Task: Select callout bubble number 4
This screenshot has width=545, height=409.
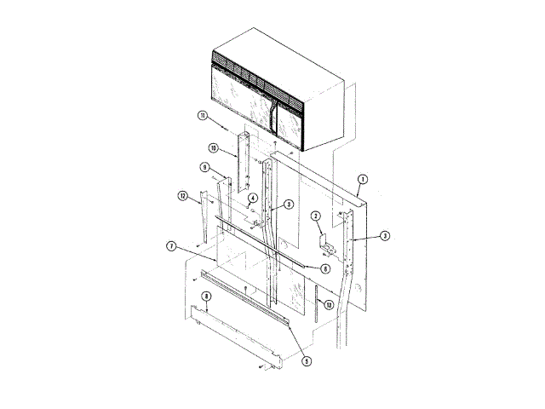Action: click(x=253, y=199)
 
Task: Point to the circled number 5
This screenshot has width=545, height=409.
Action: click(x=306, y=360)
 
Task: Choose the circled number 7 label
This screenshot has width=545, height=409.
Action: click(x=171, y=246)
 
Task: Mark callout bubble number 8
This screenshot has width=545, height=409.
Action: click(x=205, y=296)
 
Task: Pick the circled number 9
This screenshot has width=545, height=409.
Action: click(x=205, y=167)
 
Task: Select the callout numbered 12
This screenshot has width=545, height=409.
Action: click(x=182, y=196)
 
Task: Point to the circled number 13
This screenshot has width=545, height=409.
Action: click(x=329, y=305)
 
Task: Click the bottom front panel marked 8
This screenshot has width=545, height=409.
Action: click(x=238, y=341)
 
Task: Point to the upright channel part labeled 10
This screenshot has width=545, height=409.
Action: click(x=244, y=162)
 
